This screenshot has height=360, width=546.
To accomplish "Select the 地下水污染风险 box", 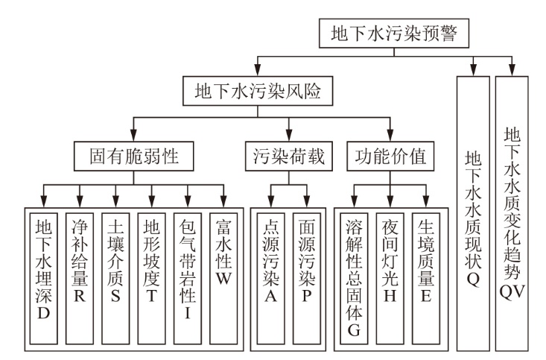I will (x=257, y=93).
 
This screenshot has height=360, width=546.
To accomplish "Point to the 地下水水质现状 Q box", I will (x=473, y=212).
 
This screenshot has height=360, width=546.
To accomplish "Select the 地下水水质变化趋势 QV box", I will (x=511, y=212).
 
